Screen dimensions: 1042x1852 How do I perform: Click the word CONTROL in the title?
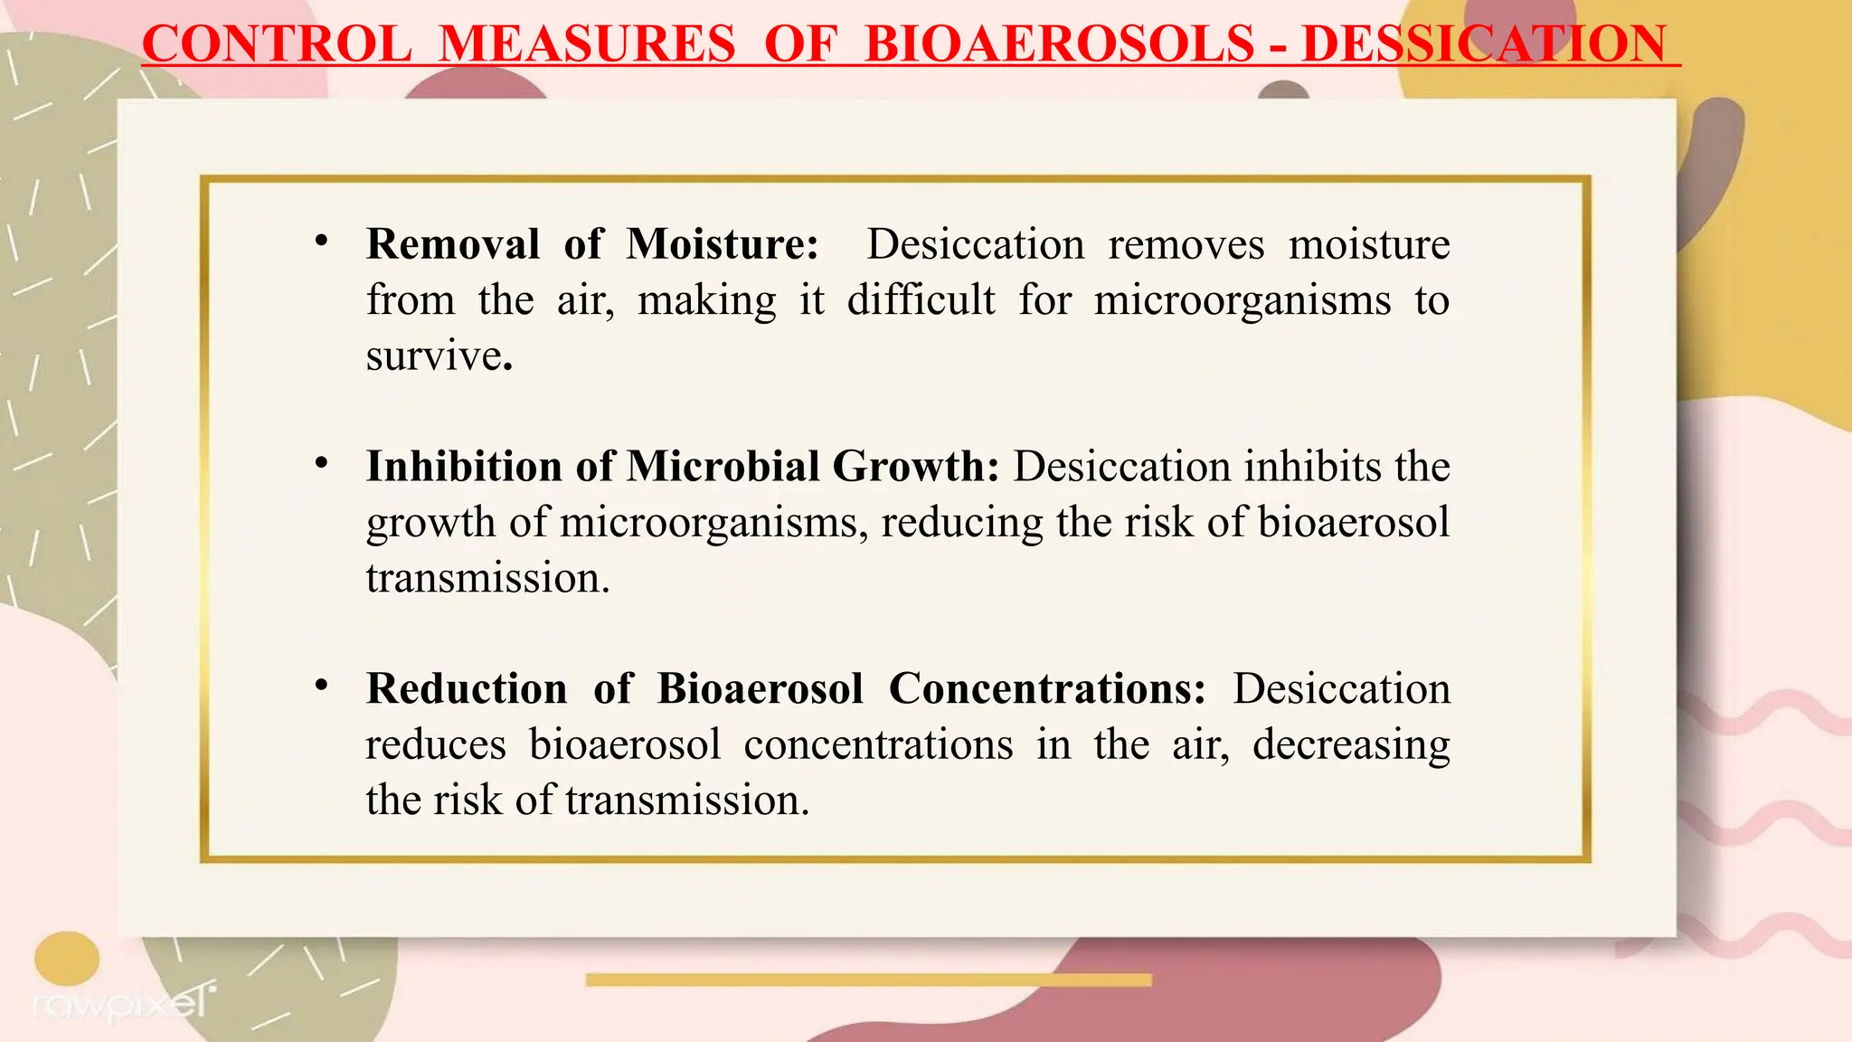click(x=277, y=43)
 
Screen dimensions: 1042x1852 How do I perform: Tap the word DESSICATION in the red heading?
click(x=1483, y=43)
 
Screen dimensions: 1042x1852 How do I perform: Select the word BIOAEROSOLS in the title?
click(x=1059, y=43)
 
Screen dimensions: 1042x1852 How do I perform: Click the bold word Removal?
click(x=453, y=244)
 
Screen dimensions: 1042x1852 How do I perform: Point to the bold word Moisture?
click(x=723, y=244)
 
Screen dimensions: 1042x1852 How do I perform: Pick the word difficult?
click(x=921, y=300)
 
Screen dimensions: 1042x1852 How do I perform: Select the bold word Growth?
click(x=915, y=467)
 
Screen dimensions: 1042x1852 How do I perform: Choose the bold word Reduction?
click(x=467, y=689)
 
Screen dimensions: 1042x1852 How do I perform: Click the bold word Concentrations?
click(x=1047, y=689)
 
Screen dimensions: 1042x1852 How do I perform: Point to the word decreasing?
click(x=1351, y=745)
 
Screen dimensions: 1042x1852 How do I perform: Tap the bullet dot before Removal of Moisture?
click(x=321, y=242)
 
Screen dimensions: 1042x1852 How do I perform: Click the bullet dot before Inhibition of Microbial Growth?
click(x=321, y=464)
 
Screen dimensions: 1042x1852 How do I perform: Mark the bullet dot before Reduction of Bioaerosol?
click(x=321, y=687)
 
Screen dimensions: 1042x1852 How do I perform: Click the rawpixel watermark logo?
click(x=122, y=1002)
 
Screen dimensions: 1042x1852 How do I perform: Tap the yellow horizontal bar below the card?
click(x=868, y=980)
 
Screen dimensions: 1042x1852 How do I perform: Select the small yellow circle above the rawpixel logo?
click(x=67, y=958)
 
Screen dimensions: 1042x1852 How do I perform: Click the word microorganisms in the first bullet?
click(x=1243, y=300)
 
